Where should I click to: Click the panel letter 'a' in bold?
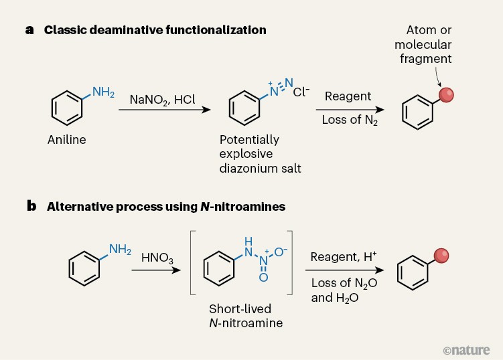click(30, 30)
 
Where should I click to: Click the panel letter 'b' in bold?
click(31, 207)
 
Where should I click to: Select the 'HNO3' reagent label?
click(156, 257)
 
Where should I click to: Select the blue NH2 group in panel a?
click(103, 92)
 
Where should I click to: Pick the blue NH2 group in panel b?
click(120, 250)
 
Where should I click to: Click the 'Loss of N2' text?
click(349, 120)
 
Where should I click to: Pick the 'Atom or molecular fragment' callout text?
click(423, 44)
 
